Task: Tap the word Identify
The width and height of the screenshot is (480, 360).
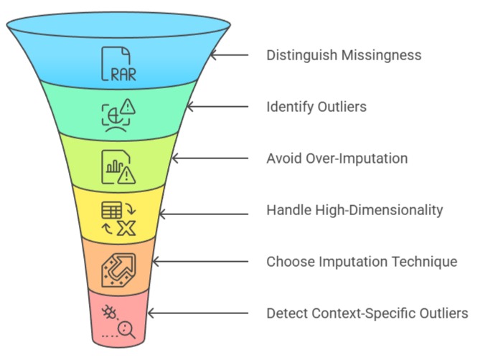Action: [288, 107]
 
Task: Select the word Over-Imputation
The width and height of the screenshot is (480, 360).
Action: [349, 158]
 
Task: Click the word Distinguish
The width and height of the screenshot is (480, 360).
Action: [301, 55]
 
